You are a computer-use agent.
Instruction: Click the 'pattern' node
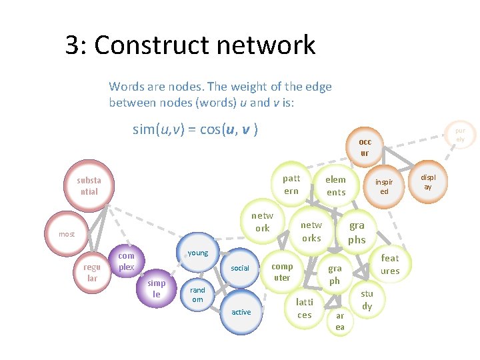pos(291,185)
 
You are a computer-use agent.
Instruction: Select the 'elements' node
pos(335,186)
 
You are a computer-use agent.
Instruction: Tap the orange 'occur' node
pos(365,147)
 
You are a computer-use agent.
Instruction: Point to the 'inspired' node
pos(384,187)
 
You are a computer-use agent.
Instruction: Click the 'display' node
pos(428,182)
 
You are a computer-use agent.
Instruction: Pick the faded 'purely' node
pos(460,135)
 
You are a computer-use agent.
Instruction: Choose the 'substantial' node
pos(89,186)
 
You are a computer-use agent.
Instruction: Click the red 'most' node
pos(67,234)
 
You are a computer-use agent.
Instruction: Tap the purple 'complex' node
pos(126,261)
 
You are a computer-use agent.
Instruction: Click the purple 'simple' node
pos(157,289)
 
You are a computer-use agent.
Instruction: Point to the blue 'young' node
pos(198,253)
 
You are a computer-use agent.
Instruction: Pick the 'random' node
pos(198,295)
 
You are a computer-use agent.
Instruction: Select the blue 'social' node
pos(240,268)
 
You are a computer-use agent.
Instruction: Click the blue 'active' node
pos(241,312)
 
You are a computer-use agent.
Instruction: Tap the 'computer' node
pos(282,272)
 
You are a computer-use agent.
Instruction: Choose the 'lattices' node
pos(305,309)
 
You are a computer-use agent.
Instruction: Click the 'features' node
pos(390,264)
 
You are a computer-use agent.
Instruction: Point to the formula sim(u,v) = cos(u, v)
pos(195,129)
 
